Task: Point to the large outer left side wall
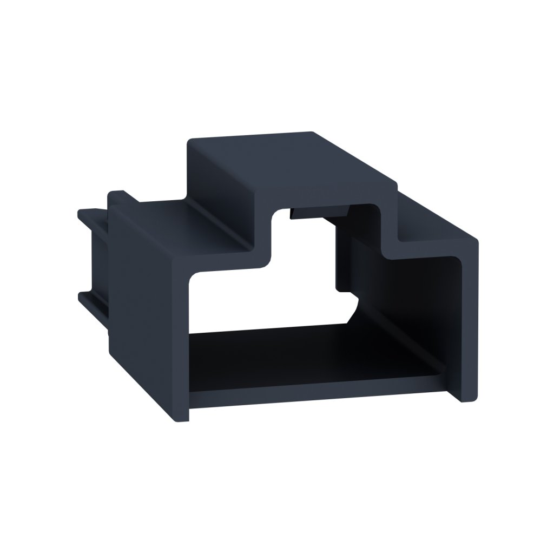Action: pos(146,303)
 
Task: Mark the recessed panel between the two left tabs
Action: pos(97,260)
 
